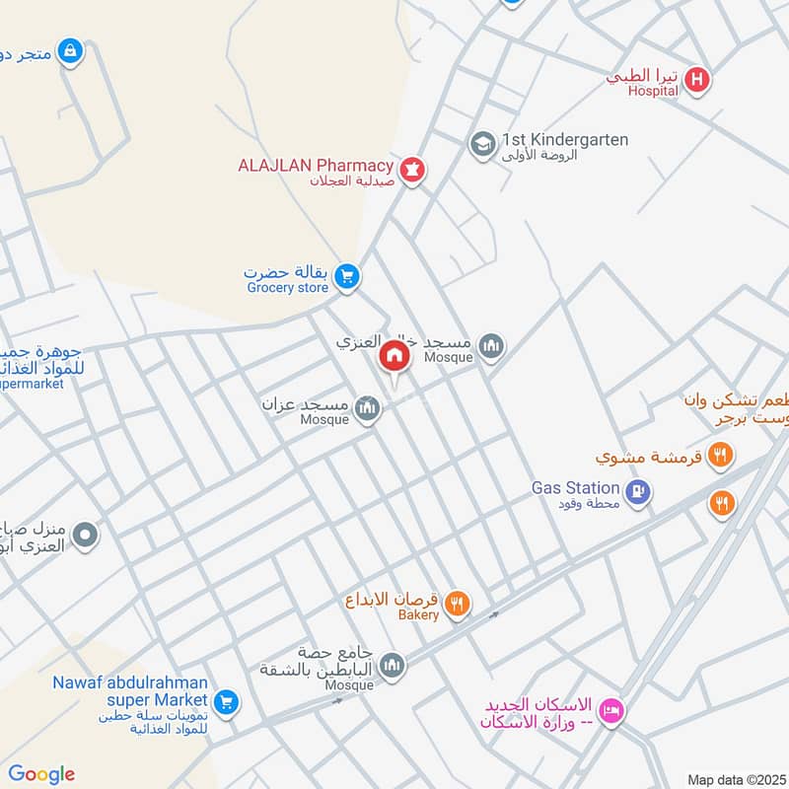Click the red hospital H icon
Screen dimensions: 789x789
pyautogui.click(x=697, y=80)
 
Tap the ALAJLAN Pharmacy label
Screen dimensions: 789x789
pyautogui.click(x=316, y=166)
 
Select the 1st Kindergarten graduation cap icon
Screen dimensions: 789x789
pyautogui.click(x=481, y=145)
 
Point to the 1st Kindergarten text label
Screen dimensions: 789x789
pyautogui.click(x=564, y=140)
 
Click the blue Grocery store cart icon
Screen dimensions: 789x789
pyautogui.click(x=345, y=277)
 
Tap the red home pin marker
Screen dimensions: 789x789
pyautogui.click(x=394, y=356)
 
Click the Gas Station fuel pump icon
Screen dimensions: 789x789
pyautogui.click(x=638, y=490)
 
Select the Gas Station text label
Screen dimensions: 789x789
pyautogui.click(x=575, y=487)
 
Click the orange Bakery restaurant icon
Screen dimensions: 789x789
pyautogui.click(x=456, y=604)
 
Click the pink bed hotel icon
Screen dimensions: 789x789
pyautogui.click(x=611, y=710)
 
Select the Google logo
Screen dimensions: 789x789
pyautogui.click(x=41, y=774)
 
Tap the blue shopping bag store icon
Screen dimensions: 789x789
pyautogui.click(x=69, y=50)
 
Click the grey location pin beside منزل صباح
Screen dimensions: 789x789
pyautogui.click(x=86, y=536)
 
